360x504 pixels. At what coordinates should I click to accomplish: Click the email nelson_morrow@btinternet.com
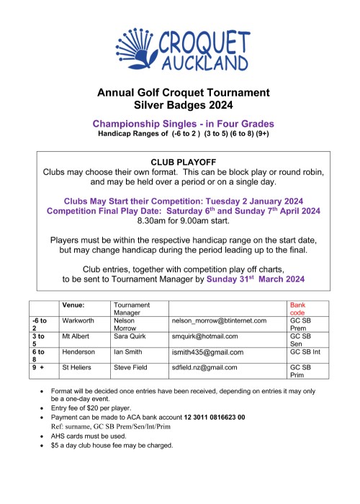coord(219,320)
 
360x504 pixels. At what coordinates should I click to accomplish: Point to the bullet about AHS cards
coord(107,436)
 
